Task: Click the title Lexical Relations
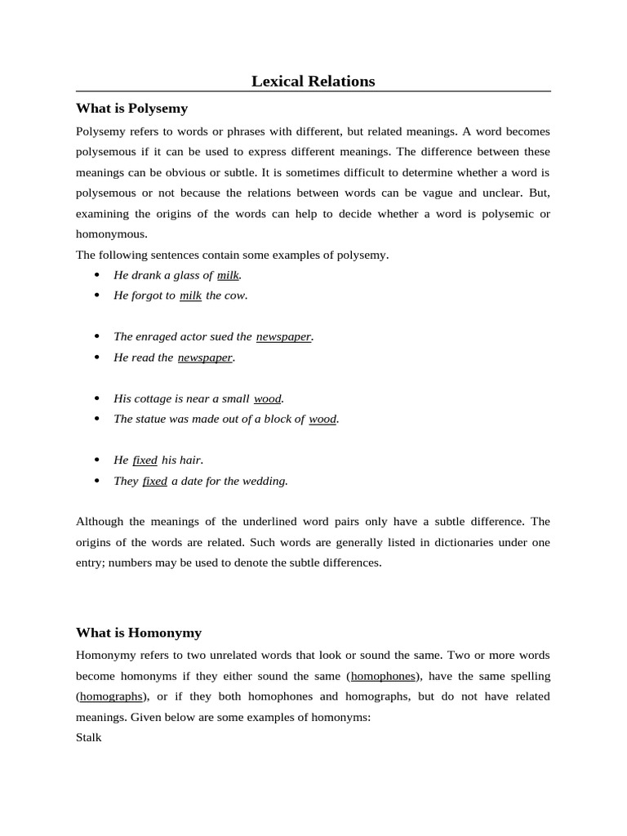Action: (x=313, y=81)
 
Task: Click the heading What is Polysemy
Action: (x=131, y=108)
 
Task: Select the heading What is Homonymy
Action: (x=138, y=632)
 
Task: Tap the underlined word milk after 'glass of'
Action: (x=228, y=275)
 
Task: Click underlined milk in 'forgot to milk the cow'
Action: (x=190, y=296)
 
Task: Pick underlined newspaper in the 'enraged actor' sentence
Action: (x=283, y=336)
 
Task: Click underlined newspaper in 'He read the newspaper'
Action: (x=205, y=358)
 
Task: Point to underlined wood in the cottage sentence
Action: (x=267, y=398)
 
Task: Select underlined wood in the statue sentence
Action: (x=322, y=419)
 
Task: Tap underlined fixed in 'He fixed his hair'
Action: (x=145, y=460)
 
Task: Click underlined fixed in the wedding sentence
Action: (x=154, y=481)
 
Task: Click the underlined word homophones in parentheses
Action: (x=383, y=676)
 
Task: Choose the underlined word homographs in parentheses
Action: (x=110, y=696)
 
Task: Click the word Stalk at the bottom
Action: (x=89, y=737)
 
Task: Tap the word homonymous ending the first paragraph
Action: (x=110, y=233)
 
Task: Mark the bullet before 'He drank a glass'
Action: (x=97, y=275)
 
